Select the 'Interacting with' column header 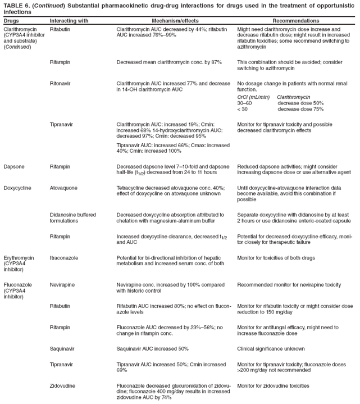69,20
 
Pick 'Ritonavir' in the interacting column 60,83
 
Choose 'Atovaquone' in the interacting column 63,188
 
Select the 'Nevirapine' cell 63,285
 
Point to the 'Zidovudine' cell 62,385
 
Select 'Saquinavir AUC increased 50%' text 152,348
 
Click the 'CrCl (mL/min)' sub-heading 254,97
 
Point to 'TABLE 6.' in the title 17,4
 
